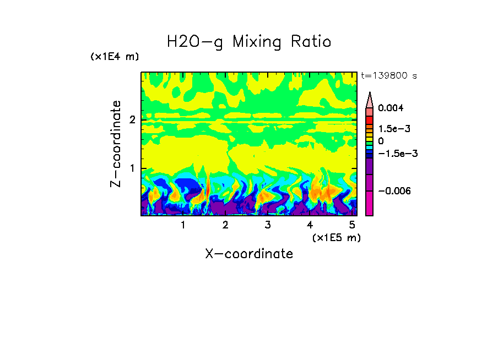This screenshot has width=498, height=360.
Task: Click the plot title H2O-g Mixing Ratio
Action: point(249,42)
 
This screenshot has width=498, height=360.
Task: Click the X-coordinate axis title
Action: point(249,254)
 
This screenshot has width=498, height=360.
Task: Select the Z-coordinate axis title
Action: point(116,144)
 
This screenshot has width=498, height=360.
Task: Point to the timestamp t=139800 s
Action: point(388,75)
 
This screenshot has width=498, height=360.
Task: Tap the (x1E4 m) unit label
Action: point(115,57)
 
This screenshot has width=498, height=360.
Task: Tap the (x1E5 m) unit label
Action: point(336,237)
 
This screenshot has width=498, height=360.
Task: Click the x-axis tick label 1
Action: point(183,225)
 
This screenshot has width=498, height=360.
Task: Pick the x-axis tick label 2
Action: point(225,225)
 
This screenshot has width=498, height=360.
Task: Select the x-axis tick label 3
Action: point(267,225)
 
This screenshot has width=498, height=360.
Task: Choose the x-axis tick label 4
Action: point(310,225)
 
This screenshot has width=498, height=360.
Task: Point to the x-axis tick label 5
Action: point(352,225)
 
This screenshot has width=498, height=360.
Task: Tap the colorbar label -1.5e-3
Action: point(394,154)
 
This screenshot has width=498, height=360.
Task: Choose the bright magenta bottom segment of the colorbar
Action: point(369,204)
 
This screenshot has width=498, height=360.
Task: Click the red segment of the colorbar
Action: point(369,119)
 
